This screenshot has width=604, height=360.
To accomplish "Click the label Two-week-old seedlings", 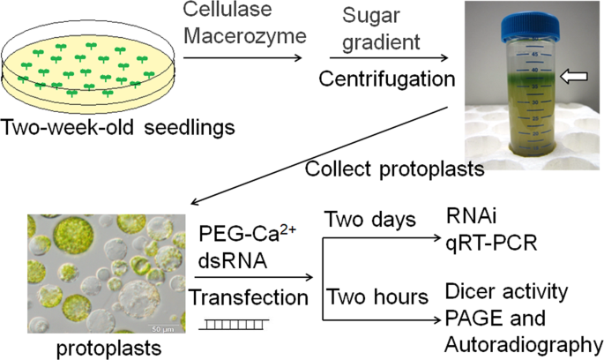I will pos(118,126).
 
